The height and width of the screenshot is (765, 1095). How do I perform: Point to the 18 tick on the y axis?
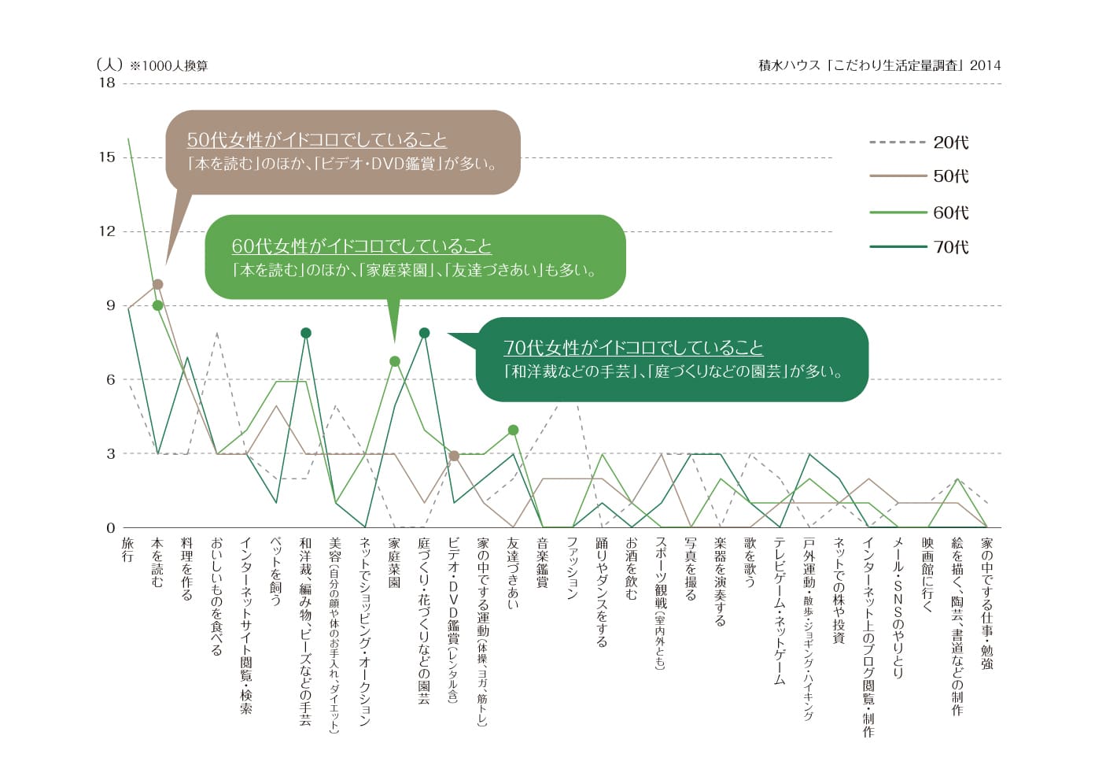click(x=107, y=83)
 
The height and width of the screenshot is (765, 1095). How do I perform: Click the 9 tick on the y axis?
click(x=111, y=305)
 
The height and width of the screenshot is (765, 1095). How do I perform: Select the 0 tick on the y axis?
click(x=111, y=528)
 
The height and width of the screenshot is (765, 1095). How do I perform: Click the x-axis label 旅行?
click(x=128, y=550)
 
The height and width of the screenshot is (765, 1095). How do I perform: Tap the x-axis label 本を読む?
click(x=157, y=563)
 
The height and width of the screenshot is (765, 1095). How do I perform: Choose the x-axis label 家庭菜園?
click(x=395, y=563)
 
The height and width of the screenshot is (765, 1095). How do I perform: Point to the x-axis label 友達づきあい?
click(x=514, y=573)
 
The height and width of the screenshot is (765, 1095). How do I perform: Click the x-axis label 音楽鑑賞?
click(x=543, y=563)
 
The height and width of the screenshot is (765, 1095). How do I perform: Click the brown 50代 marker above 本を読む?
click(x=157, y=284)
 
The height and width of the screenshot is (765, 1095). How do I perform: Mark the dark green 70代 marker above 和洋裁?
click(x=306, y=333)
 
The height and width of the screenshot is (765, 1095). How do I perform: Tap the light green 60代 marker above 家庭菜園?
click(x=395, y=361)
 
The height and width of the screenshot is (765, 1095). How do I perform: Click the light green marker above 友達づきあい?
click(x=514, y=430)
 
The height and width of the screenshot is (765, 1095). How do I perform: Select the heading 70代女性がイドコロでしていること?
click(x=633, y=348)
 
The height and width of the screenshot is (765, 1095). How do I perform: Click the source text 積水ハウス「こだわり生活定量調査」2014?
click(x=879, y=65)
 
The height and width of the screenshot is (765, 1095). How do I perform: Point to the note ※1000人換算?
click(x=169, y=66)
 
